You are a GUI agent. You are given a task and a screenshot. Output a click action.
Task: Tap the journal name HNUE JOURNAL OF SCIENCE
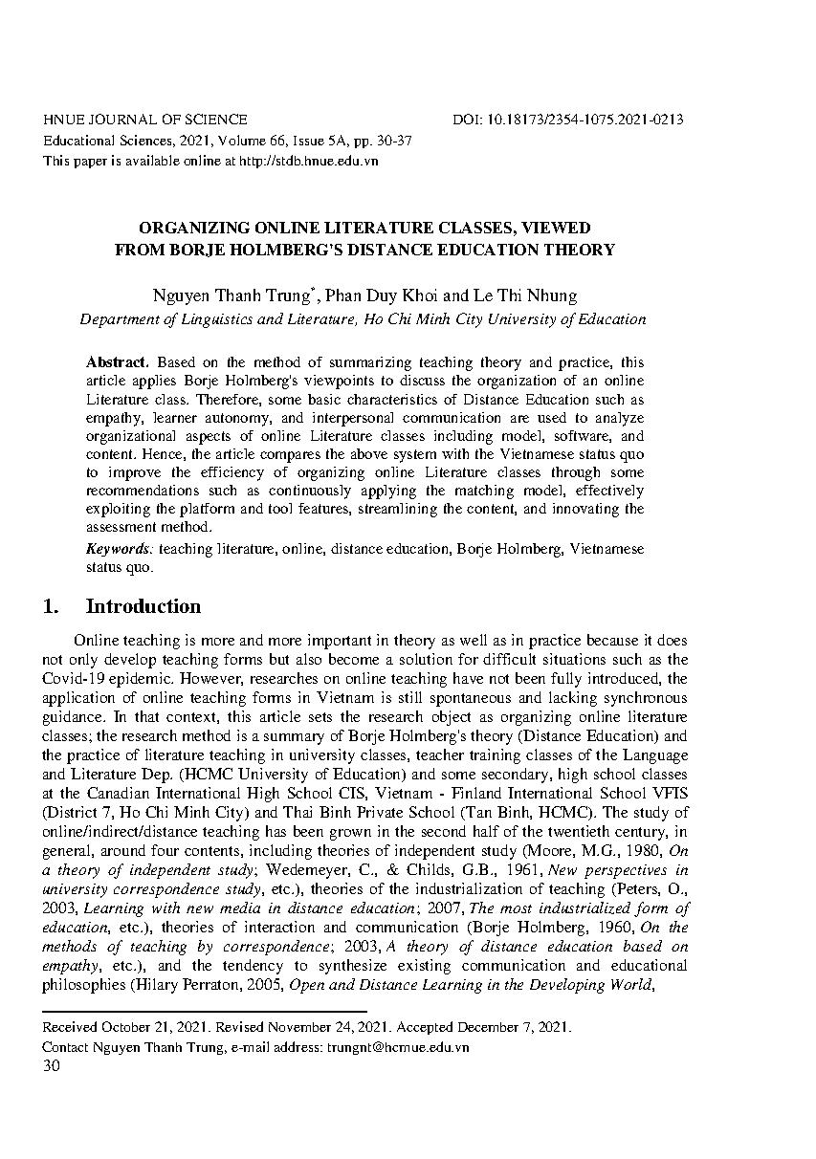(x=145, y=120)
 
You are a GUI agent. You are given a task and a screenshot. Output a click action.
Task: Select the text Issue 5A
(x=293, y=141)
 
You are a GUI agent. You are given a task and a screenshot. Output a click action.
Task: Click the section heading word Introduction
(x=143, y=606)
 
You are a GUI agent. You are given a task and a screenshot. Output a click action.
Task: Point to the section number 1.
(x=52, y=606)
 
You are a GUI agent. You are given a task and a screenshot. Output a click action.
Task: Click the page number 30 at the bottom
(x=52, y=1066)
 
